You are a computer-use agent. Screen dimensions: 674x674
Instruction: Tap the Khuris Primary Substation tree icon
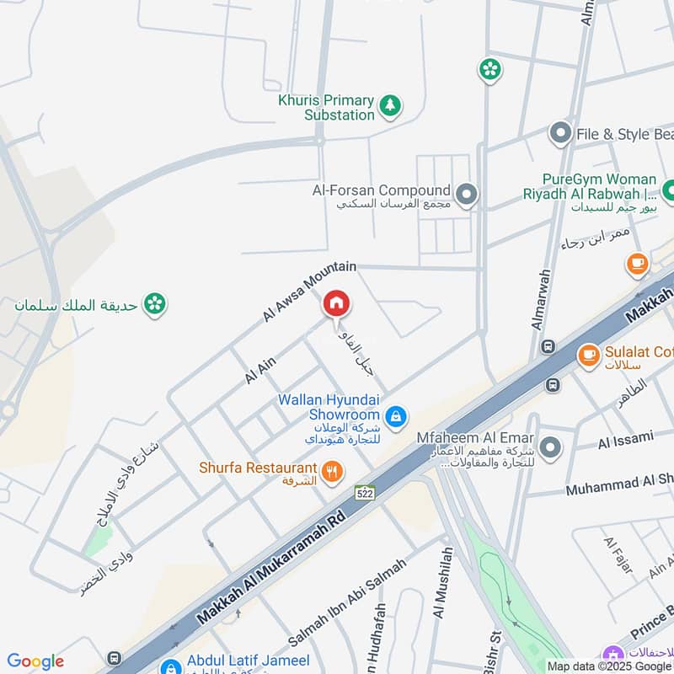[x=389, y=105]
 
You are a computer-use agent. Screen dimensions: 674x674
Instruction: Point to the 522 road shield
[x=364, y=494]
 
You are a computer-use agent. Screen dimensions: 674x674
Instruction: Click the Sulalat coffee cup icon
[x=588, y=355]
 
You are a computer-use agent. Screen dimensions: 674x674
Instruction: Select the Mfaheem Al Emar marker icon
[x=551, y=447]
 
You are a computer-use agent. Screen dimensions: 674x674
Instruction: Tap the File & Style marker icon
[x=560, y=134]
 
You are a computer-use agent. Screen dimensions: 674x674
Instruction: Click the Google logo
[x=35, y=661]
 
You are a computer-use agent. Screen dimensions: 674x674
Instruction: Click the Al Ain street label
[x=260, y=370]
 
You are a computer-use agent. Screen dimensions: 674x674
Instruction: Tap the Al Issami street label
[x=625, y=439]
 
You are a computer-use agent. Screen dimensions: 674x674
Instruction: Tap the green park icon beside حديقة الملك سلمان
[x=154, y=303]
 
